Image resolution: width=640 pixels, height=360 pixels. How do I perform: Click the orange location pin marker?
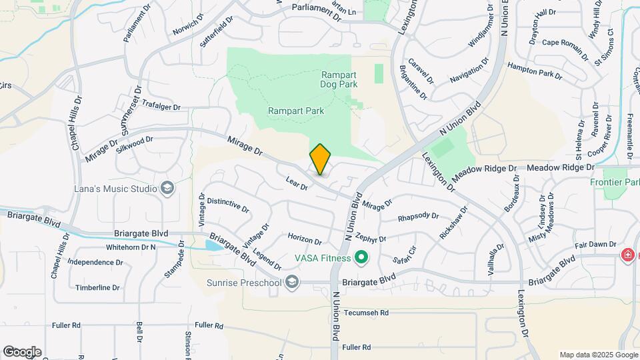point(320,159)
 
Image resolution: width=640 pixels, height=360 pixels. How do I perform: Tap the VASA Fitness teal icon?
point(361,257)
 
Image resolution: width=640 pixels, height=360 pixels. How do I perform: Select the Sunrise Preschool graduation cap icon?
point(291,283)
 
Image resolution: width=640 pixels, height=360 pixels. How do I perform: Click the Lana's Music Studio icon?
point(167,189)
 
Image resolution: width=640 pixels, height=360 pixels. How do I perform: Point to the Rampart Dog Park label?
point(339,80)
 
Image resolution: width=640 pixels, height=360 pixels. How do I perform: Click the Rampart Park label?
point(295,111)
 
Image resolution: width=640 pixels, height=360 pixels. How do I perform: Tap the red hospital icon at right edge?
point(627,255)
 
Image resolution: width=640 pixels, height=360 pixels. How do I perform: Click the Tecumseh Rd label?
point(365,312)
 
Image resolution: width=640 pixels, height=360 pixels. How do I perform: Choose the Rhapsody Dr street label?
point(418,217)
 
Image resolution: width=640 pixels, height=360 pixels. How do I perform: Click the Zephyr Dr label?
point(371,238)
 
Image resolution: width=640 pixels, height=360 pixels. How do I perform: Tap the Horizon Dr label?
point(305,239)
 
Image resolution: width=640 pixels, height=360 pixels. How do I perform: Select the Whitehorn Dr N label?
point(131,247)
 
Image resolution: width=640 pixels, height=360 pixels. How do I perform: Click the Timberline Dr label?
point(97,288)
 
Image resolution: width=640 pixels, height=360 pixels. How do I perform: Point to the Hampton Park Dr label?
point(535,69)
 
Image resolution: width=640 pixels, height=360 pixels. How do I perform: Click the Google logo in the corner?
point(21,351)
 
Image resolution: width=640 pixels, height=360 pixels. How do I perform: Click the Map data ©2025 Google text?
point(597,355)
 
